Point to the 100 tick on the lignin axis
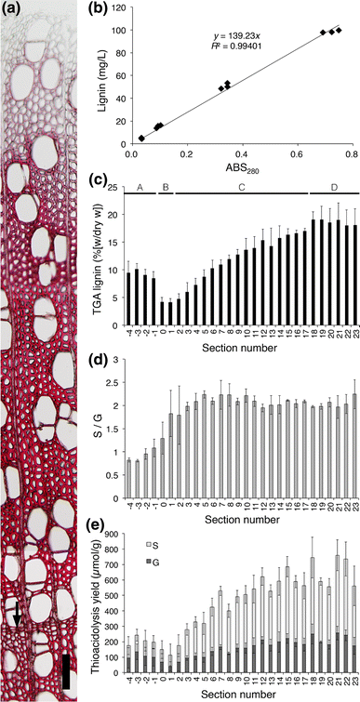122,30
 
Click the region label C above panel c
241,187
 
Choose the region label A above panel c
139,187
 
